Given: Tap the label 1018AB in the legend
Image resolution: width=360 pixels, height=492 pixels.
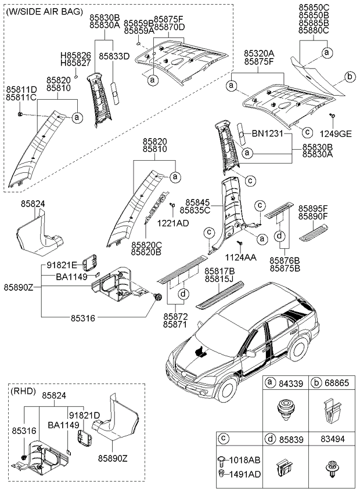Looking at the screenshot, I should coord(246,460).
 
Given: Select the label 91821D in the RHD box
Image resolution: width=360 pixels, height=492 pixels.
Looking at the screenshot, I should coord(85,415).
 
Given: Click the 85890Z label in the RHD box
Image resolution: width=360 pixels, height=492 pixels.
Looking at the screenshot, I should coord(114,459).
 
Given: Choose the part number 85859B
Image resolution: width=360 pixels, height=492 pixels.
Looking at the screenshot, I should coord(139,23).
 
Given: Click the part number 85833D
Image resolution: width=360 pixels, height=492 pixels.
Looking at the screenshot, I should coord(114,56).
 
